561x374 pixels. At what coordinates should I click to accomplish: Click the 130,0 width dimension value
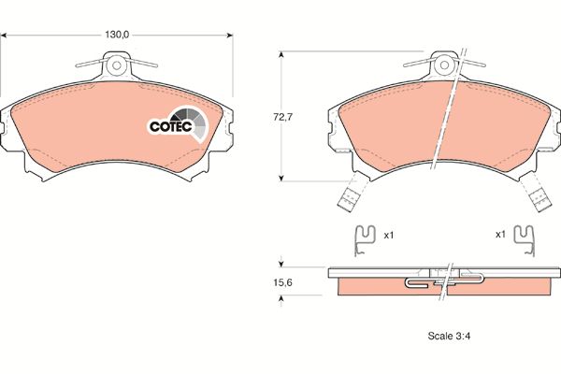tap(117, 35)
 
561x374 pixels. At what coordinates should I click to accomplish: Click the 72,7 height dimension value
tap(282, 117)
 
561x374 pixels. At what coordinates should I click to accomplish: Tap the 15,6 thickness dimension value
tap(282, 282)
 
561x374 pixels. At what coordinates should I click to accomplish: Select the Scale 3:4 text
tap(449, 336)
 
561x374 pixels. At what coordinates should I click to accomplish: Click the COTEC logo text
tap(171, 126)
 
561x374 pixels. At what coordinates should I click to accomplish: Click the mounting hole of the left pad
tap(117, 65)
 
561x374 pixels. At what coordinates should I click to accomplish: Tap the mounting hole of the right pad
tap(444, 65)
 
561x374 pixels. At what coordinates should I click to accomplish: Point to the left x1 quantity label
tap(389, 235)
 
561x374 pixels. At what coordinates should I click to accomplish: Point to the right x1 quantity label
tap(500, 235)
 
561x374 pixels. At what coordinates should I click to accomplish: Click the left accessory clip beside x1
tap(365, 240)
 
